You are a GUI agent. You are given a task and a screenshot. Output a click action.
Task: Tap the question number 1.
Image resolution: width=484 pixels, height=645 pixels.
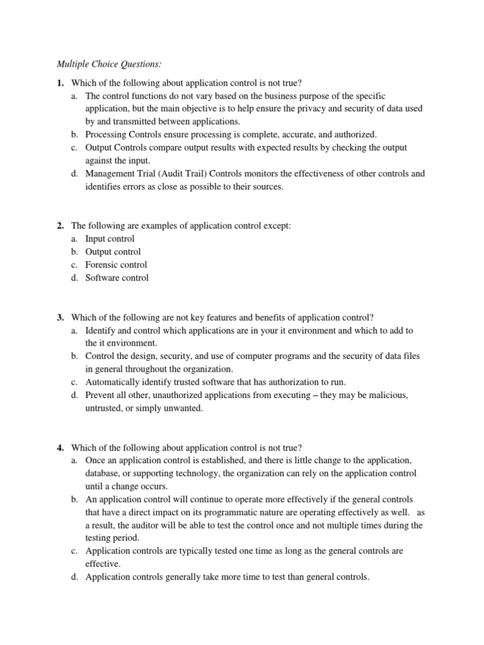point(60,83)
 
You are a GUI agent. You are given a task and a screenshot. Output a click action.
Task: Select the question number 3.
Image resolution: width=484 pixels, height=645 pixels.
point(60,317)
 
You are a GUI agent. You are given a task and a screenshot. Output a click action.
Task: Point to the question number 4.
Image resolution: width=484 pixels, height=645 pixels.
point(60,447)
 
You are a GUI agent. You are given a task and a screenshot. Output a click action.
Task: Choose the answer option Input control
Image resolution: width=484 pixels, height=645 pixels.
point(110,239)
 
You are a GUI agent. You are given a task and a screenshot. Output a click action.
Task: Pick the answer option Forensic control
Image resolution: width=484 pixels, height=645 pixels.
point(116,265)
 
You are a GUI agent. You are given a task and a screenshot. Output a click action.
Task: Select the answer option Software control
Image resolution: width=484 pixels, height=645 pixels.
point(117,278)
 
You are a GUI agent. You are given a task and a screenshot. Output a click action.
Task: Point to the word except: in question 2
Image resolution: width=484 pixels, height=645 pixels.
point(277,225)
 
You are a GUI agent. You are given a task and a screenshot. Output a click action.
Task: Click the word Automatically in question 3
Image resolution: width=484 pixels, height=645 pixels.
point(113,382)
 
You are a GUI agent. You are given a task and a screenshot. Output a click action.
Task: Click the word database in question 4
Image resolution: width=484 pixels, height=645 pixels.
point(105,473)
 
